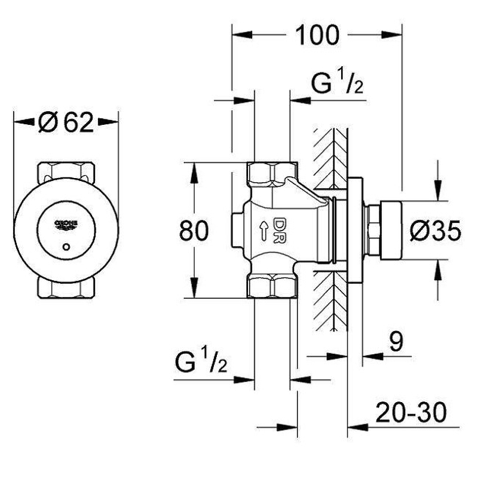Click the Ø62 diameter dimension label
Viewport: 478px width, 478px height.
click(66, 122)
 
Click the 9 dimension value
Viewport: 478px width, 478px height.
click(396, 342)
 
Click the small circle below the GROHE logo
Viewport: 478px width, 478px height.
click(66, 246)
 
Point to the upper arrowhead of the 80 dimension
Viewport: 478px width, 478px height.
click(194, 170)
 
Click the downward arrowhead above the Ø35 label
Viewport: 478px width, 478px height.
click(439, 191)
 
